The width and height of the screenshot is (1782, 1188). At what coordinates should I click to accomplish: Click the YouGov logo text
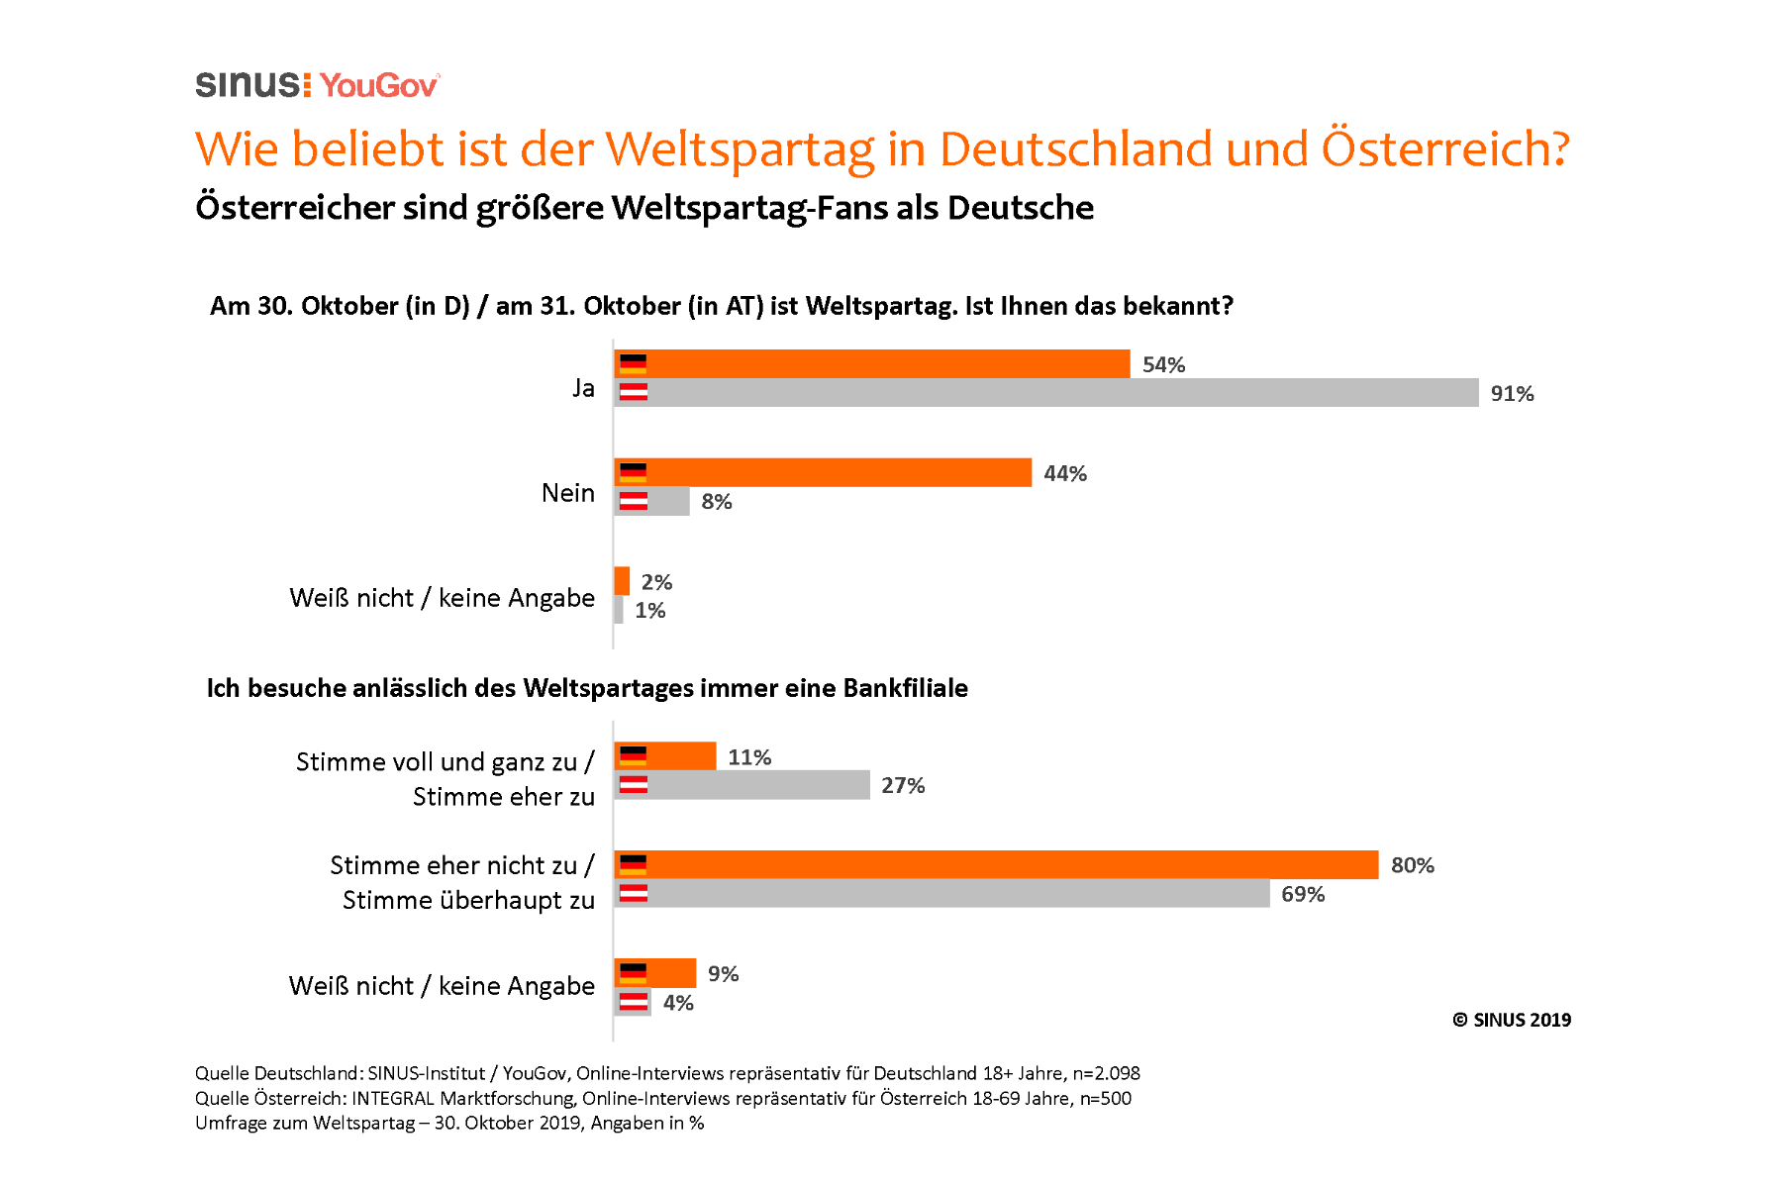(x=379, y=85)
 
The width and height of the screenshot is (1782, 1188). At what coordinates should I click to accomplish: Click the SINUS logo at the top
(x=252, y=84)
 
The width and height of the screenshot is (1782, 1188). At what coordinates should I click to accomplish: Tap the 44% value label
(x=1065, y=473)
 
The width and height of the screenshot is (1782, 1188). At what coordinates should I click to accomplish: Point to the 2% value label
(x=656, y=582)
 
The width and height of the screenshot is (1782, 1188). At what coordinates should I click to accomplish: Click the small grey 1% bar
(x=619, y=610)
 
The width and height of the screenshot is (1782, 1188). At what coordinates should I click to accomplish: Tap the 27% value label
(x=903, y=785)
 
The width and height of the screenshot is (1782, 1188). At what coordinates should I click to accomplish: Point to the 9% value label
(x=723, y=973)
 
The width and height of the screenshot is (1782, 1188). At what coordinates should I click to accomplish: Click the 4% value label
(x=678, y=1002)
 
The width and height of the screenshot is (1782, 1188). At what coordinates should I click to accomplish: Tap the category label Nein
(x=567, y=492)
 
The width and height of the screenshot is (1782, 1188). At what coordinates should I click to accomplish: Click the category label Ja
(x=583, y=387)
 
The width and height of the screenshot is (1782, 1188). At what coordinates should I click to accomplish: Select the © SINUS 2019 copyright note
(x=1512, y=1020)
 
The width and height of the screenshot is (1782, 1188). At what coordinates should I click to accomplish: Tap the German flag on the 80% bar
(x=633, y=864)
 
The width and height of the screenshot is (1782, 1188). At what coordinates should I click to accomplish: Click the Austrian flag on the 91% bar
(x=634, y=392)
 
